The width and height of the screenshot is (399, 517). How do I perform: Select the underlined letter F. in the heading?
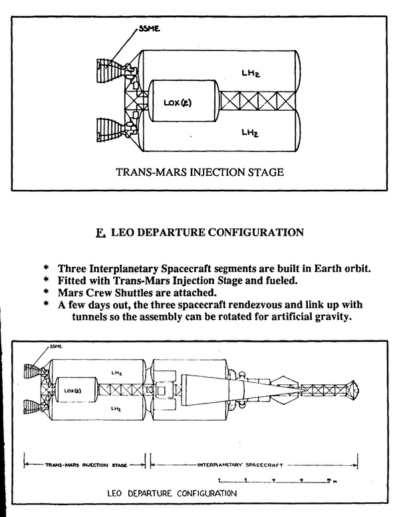coord(100,233)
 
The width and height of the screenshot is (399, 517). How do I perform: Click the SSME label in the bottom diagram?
coord(55,347)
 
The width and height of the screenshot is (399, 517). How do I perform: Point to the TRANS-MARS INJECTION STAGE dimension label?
coord(84,465)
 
